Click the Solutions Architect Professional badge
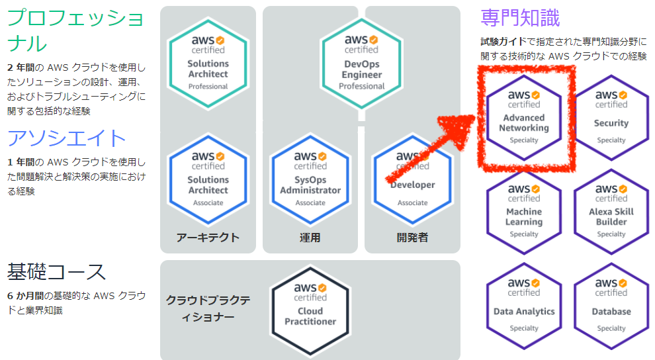click(x=208, y=64)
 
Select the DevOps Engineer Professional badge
click(x=362, y=64)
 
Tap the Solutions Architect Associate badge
click(x=208, y=179)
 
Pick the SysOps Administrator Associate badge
click(x=310, y=179)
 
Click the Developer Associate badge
click(x=413, y=179)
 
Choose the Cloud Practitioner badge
click(x=310, y=311)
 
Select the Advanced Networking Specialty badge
click(x=524, y=118)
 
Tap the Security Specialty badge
click(x=611, y=118)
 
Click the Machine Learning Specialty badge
click(x=524, y=212)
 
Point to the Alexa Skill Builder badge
click(x=611, y=212)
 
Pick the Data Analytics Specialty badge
click(x=524, y=306)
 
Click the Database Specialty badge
click(x=611, y=306)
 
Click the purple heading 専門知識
click(x=520, y=18)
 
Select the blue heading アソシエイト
click(x=67, y=138)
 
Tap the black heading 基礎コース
click(x=56, y=272)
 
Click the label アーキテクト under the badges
click(x=208, y=238)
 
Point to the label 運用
click(x=310, y=238)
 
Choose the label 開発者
click(x=412, y=238)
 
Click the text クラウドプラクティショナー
click(x=208, y=308)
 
